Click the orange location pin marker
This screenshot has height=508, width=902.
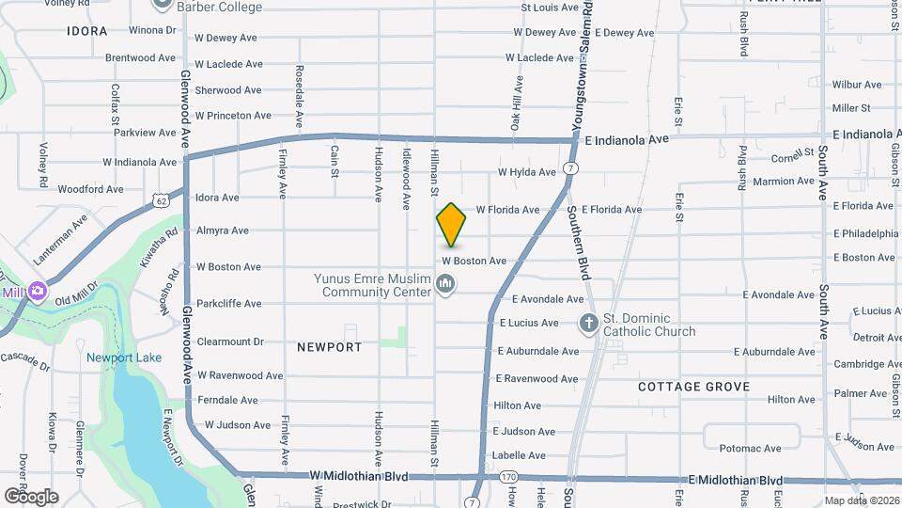(451, 225)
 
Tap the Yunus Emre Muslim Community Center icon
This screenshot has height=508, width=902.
(445, 283)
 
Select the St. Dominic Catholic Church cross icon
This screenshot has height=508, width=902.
(588, 325)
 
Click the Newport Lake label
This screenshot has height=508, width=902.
(124, 357)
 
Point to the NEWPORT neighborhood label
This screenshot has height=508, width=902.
(329, 347)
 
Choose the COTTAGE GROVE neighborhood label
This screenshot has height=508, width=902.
(693, 387)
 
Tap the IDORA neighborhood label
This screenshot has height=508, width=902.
(87, 31)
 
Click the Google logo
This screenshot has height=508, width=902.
(31, 496)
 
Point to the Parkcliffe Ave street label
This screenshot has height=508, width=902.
(229, 304)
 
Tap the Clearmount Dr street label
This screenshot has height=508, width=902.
(230, 342)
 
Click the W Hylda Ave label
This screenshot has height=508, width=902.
(528, 172)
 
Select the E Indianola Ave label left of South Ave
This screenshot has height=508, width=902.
(626, 139)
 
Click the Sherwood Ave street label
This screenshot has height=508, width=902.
(227, 90)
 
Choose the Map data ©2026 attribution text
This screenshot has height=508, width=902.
(861, 500)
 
